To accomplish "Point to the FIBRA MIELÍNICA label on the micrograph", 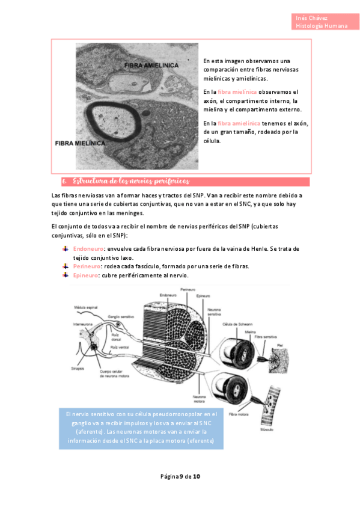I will tap(80, 144).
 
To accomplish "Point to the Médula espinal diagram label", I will tap(86, 306).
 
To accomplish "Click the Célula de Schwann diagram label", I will tap(236, 324).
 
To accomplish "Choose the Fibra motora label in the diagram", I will tap(239, 414).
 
